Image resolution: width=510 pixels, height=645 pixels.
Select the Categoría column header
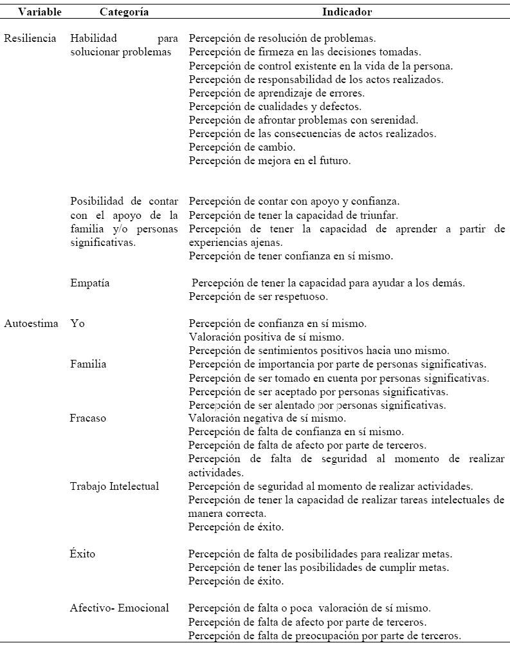125,12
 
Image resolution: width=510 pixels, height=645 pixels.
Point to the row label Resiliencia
30,38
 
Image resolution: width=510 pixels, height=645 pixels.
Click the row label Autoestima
31,323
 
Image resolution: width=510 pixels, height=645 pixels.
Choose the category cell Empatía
91,283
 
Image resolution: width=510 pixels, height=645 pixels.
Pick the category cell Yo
77,323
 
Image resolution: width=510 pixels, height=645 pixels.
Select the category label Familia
88,364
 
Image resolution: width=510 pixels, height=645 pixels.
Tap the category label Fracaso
88,418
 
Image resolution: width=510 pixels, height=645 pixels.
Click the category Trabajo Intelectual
114,486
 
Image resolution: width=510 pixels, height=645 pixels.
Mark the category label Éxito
83,554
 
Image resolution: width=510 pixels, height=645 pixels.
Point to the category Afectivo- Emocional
120,608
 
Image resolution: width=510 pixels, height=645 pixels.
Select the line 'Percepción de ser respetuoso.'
259,297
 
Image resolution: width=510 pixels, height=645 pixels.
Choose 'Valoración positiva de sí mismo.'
259,337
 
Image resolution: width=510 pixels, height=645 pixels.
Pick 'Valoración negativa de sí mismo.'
260,418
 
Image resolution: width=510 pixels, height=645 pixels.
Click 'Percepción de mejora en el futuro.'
270,160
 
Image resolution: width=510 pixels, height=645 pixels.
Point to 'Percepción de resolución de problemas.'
283,38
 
